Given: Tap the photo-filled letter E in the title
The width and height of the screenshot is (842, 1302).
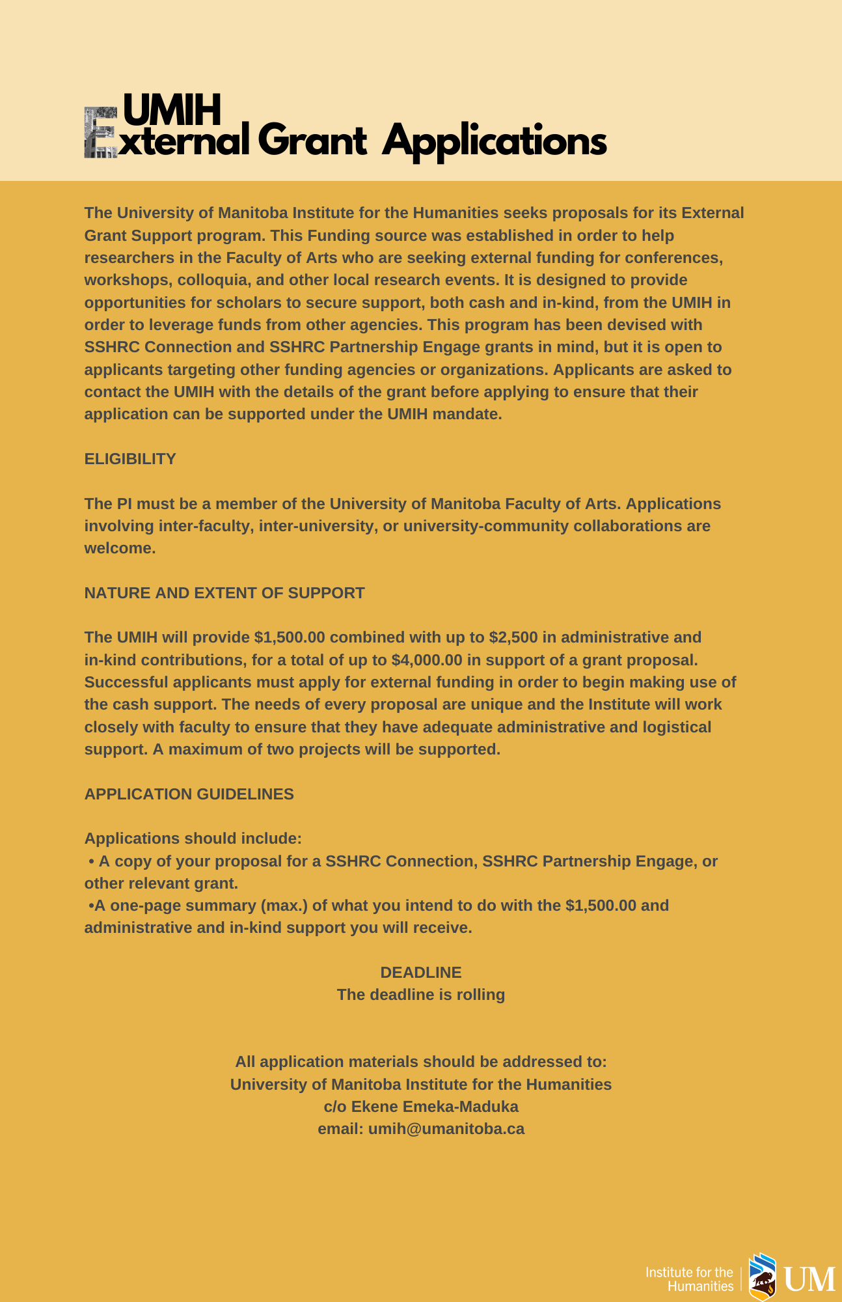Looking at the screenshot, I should coord(100,133).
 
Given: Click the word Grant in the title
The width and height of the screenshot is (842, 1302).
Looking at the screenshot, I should coord(312,141).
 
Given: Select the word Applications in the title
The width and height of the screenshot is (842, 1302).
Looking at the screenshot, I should coord(494,141).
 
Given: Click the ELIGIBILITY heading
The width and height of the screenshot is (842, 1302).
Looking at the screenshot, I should coord(130,459).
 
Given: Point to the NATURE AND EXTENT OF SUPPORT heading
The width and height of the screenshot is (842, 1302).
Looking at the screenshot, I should coord(224,593).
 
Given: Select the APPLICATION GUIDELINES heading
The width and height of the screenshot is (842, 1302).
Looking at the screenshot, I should coord(189,794).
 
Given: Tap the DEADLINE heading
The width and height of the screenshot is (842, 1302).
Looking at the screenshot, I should coord(421,973).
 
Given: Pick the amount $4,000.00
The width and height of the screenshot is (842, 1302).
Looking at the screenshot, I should coord(427,660).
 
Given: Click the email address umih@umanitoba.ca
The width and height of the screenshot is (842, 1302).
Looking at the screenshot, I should coord(446,1129).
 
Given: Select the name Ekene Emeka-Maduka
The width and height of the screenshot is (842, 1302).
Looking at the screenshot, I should coord(435,1107).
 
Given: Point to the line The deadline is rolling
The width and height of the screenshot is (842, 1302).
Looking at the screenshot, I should coord(421,995).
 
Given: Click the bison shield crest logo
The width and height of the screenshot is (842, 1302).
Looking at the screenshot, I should coord(762,1277).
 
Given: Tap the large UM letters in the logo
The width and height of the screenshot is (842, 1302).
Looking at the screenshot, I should coord(809,1280).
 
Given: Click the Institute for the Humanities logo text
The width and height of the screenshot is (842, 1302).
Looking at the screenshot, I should coord(689,1279).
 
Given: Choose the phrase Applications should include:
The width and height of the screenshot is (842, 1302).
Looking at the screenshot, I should coord(193,838).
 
